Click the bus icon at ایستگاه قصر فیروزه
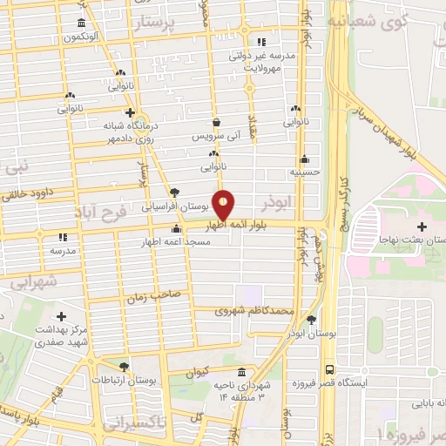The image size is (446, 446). coord(329,368)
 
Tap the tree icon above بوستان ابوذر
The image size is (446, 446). coord(312,320)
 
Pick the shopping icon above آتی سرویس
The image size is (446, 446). coord(216,123)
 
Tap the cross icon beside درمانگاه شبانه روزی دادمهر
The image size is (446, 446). coord(130,112)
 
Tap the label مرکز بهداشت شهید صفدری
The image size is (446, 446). coord(62,336)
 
